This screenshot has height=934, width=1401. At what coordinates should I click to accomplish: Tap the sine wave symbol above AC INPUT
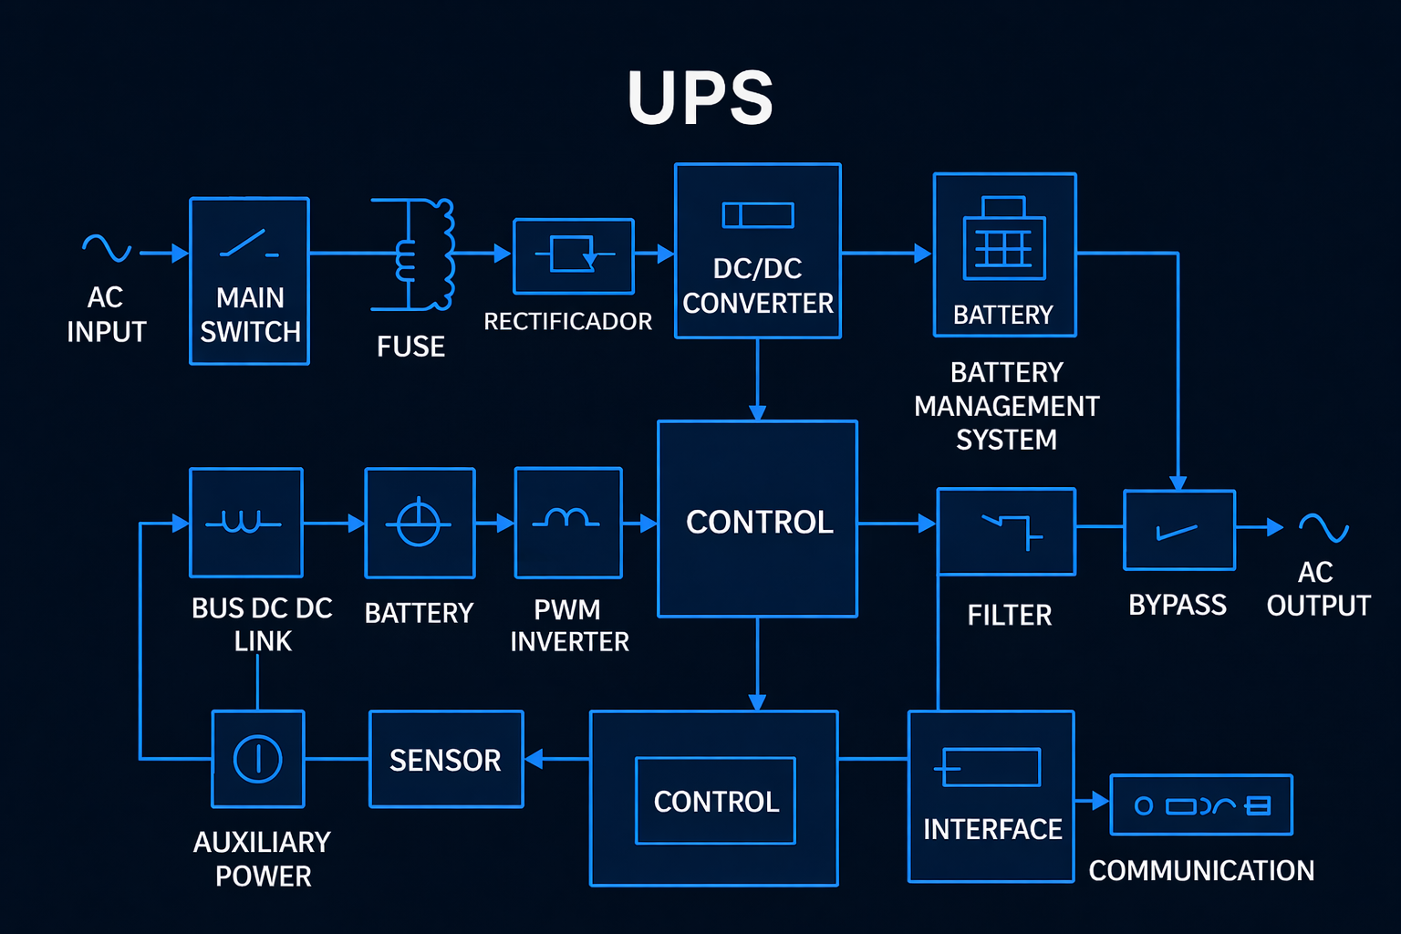[x=107, y=247]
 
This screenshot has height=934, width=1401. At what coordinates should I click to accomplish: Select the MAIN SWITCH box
[x=249, y=281]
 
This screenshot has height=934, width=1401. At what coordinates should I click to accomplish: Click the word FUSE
[x=410, y=347]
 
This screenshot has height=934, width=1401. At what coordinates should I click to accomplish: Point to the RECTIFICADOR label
[x=567, y=322]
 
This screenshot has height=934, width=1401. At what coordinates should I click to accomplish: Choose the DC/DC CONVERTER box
[x=757, y=251]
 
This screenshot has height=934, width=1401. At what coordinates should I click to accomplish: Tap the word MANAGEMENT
[x=1006, y=406]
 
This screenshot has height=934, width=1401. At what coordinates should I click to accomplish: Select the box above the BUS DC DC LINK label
[x=245, y=523]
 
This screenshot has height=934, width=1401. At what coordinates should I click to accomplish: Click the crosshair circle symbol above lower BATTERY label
[x=419, y=524]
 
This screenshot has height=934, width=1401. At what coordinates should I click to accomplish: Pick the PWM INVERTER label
[x=569, y=626]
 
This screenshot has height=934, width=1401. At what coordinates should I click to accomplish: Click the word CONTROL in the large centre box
[x=759, y=522]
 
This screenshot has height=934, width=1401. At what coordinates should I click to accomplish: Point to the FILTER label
[x=1009, y=616]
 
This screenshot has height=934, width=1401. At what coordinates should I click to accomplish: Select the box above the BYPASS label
[x=1178, y=530]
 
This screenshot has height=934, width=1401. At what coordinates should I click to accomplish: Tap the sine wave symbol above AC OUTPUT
[x=1323, y=527]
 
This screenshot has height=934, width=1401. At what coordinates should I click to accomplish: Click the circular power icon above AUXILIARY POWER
[x=258, y=759]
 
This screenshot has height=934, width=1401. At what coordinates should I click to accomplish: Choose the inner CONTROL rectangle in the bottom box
[x=715, y=801]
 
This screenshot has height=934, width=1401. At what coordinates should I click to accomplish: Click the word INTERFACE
[x=992, y=829]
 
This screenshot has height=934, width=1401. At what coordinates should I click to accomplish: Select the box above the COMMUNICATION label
[x=1200, y=804]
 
